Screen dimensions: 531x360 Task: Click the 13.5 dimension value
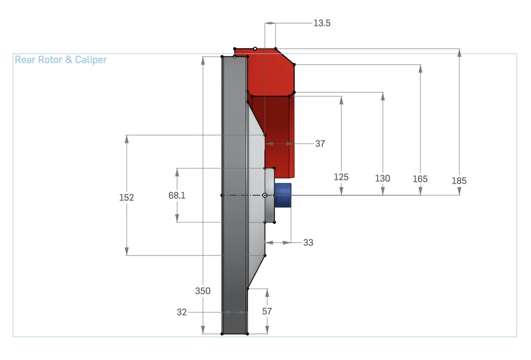click(322, 23)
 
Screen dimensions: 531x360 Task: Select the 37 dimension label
click(320, 144)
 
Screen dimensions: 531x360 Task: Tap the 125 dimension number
click(341, 177)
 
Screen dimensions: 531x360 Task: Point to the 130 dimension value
click(382, 179)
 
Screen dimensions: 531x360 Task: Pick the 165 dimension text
click(420, 179)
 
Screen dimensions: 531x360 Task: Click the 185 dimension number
click(459, 180)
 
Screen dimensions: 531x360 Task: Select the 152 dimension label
click(127, 197)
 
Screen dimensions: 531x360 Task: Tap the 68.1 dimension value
click(177, 195)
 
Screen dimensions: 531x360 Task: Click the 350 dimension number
click(203, 290)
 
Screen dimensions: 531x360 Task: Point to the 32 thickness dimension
click(182, 312)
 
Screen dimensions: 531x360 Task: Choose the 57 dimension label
click(267, 311)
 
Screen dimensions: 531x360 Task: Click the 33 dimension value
click(308, 243)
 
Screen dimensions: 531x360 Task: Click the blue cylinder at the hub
click(283, 195)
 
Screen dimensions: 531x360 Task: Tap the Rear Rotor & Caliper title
click(61, 60)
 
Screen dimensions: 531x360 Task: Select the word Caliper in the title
click(91, 60)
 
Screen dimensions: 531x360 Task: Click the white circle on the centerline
click(265, 195)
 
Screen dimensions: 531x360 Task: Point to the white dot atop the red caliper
click(255, 49)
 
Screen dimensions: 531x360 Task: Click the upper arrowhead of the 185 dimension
click(459, 52)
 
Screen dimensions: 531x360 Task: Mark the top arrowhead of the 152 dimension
click(127, 139)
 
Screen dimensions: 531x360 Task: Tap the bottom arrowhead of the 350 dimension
click(203, 330)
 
